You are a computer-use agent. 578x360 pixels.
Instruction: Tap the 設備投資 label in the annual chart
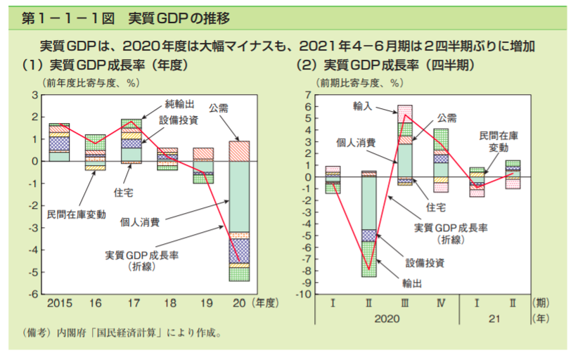tap(178, 120)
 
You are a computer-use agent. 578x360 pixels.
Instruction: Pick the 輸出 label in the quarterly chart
tap(413, 283)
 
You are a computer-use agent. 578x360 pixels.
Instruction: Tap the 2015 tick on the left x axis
tap(59, 304)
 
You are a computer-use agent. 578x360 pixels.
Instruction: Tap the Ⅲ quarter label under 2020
tap(405, 303)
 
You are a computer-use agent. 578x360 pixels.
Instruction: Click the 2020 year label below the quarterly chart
tap(385, 319)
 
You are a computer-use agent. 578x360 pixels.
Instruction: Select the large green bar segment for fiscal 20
tap(240, 196)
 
